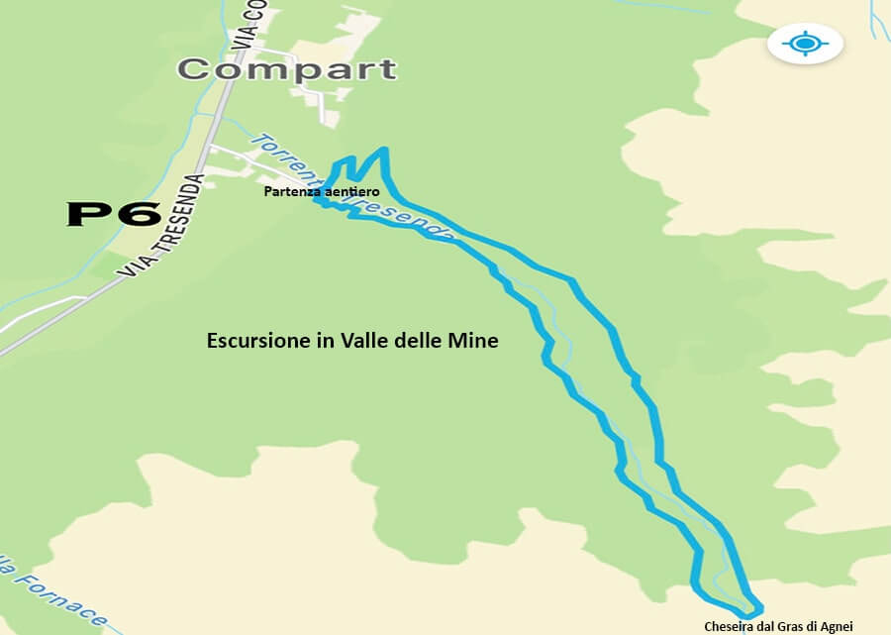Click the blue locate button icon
click(804, 44)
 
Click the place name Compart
click(287, 69)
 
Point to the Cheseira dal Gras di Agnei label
click(777, 625)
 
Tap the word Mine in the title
click(474, 341)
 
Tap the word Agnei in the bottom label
click(834, 625)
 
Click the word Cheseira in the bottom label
click(727, 625)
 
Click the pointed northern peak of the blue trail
click(383, 152)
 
